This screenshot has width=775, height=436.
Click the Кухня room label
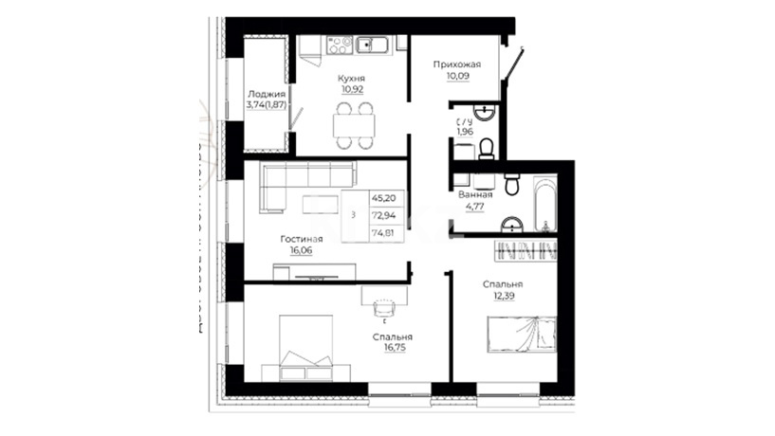tap(351, 79)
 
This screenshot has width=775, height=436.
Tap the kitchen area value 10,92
tap(352, 90)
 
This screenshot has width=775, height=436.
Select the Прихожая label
tap(456, 64)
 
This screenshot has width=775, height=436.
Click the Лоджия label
tap(267, 94)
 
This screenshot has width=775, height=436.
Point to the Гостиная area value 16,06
tap(301, 251)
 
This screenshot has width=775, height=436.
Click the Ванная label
tap(475, 194)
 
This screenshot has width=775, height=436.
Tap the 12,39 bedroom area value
tap(502, 297)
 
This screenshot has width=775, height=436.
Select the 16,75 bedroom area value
tap(395, 348)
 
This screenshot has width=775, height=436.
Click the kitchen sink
tap(372, 45)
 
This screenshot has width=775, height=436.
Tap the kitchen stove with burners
tap(340, 45)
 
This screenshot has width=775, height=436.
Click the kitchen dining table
tap(354, 125)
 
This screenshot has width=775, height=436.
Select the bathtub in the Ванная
tap(545, 205)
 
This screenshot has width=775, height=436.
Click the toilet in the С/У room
tap(487, 149)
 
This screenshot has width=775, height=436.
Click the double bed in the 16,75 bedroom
tap(306, 348)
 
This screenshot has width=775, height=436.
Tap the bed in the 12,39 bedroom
tap(522, 335)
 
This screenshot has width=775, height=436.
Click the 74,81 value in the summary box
tap(383, 233)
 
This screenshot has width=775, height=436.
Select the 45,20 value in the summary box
tap(383, 198)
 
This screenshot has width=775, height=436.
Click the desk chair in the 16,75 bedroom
tap(384, 309)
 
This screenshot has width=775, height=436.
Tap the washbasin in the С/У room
tap(485, 112)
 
